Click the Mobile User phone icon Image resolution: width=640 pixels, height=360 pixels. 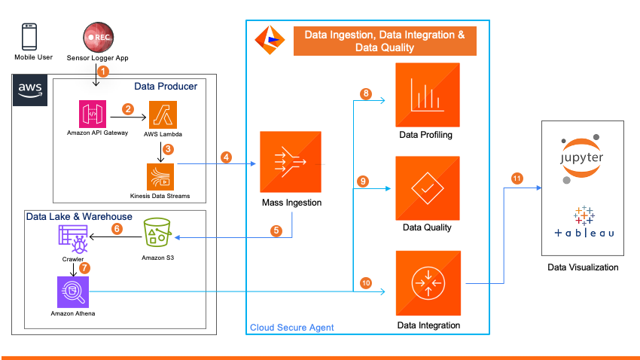29,37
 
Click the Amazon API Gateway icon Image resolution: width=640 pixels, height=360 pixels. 93,114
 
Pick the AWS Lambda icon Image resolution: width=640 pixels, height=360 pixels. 163,114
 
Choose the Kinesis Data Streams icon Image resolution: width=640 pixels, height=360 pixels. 160,176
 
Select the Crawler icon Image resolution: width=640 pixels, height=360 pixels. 73,239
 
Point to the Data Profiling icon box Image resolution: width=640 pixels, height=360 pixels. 427,95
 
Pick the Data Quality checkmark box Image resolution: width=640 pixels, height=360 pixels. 427,188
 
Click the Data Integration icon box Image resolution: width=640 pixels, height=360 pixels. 427,284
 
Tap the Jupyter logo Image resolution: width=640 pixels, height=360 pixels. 581,157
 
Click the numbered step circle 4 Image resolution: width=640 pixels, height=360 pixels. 226,157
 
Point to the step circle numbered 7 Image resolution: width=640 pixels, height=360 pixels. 84,267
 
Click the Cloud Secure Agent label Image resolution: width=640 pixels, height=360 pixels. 291,328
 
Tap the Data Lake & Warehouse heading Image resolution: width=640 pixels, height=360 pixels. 79,217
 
